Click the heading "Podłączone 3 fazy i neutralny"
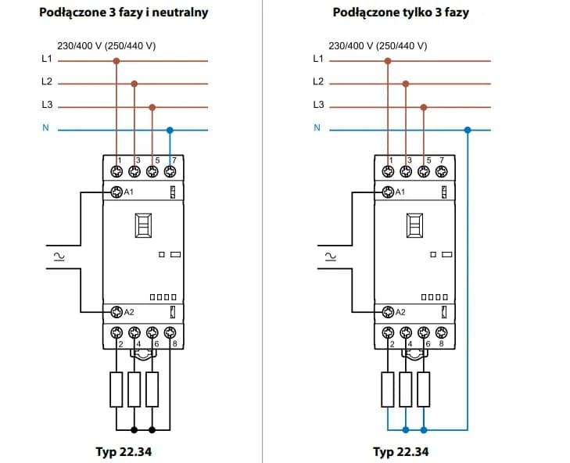[x=124, y=13]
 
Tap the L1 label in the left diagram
[x=46, y=59]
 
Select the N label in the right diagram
[x=317, y=128]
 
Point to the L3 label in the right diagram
[x=317, y=105]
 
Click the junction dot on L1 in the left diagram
[x=117, y=59]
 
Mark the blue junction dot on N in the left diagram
[x=170, y=129]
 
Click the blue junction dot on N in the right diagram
[x=468, y=129]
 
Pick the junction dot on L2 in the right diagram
[x=407, y=82]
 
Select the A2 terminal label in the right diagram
[x=400, y=311]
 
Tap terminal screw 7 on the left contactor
[x=170, y=171]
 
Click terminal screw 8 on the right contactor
[x=441, y=332]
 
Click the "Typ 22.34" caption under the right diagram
[x=400, y=452]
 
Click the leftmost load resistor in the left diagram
[x=117, y=389]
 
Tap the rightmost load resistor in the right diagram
[x=423, y=389]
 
